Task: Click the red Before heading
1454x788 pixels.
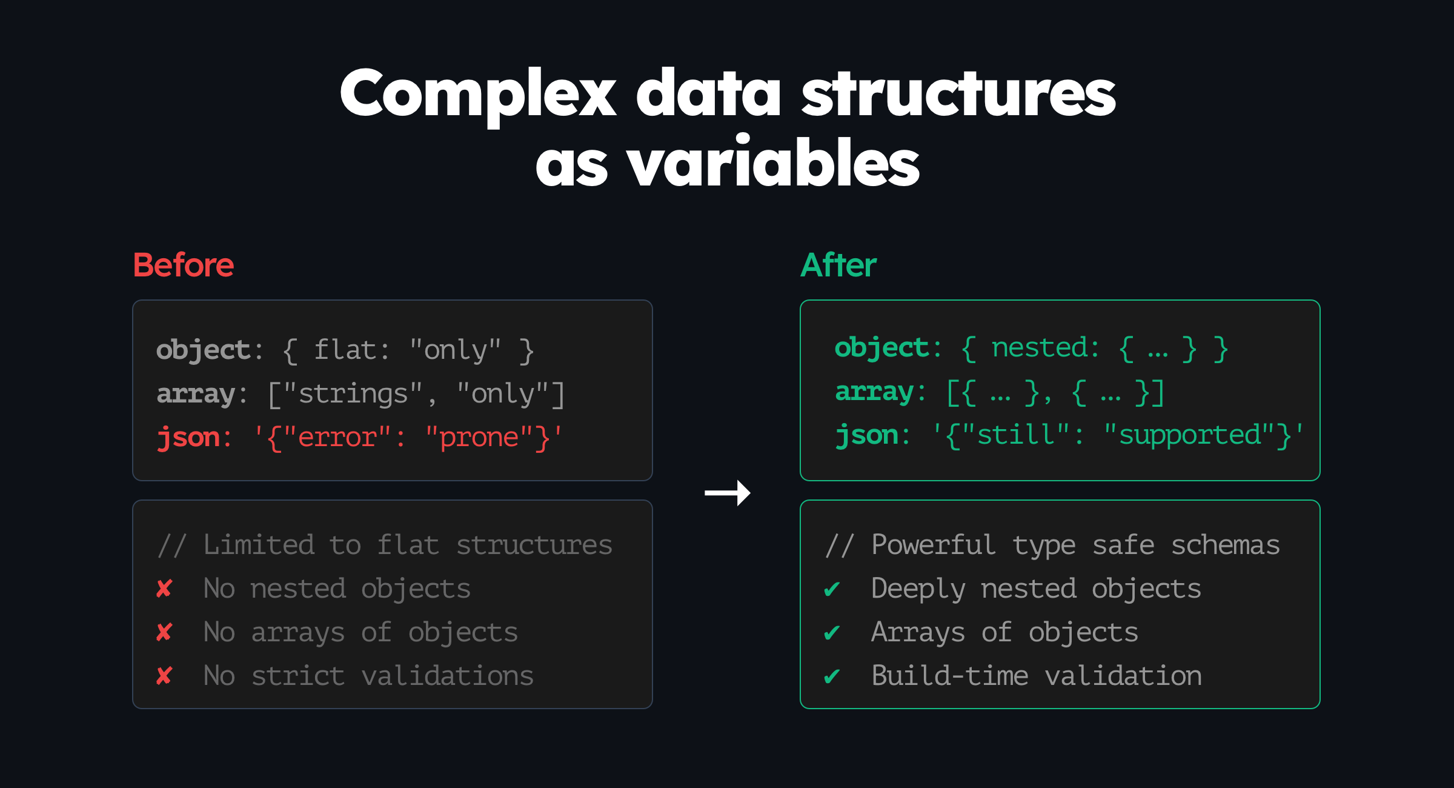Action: click(184, 265)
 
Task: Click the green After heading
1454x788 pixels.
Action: click(838, 265)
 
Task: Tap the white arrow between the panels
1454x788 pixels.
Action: click(728, 493)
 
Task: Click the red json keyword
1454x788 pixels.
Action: click(188, 438)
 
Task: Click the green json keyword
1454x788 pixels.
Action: click(867, 435)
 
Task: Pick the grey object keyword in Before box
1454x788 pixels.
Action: click(204, 351)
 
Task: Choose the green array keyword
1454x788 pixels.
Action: click(874, 392)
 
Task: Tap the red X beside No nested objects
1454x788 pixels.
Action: click(164, 589)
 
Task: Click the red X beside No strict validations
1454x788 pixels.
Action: click(164, 676)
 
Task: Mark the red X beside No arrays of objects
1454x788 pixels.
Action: click(164, 632)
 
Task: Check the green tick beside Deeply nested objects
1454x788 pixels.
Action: click(832, 589)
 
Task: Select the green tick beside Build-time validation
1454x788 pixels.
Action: click(832, 676)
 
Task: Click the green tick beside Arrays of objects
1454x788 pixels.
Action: click(832, 633)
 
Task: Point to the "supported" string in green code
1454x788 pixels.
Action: click(1190, 436)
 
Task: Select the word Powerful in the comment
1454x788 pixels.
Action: click(933, 545)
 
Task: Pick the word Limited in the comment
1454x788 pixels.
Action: click(259, 545)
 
